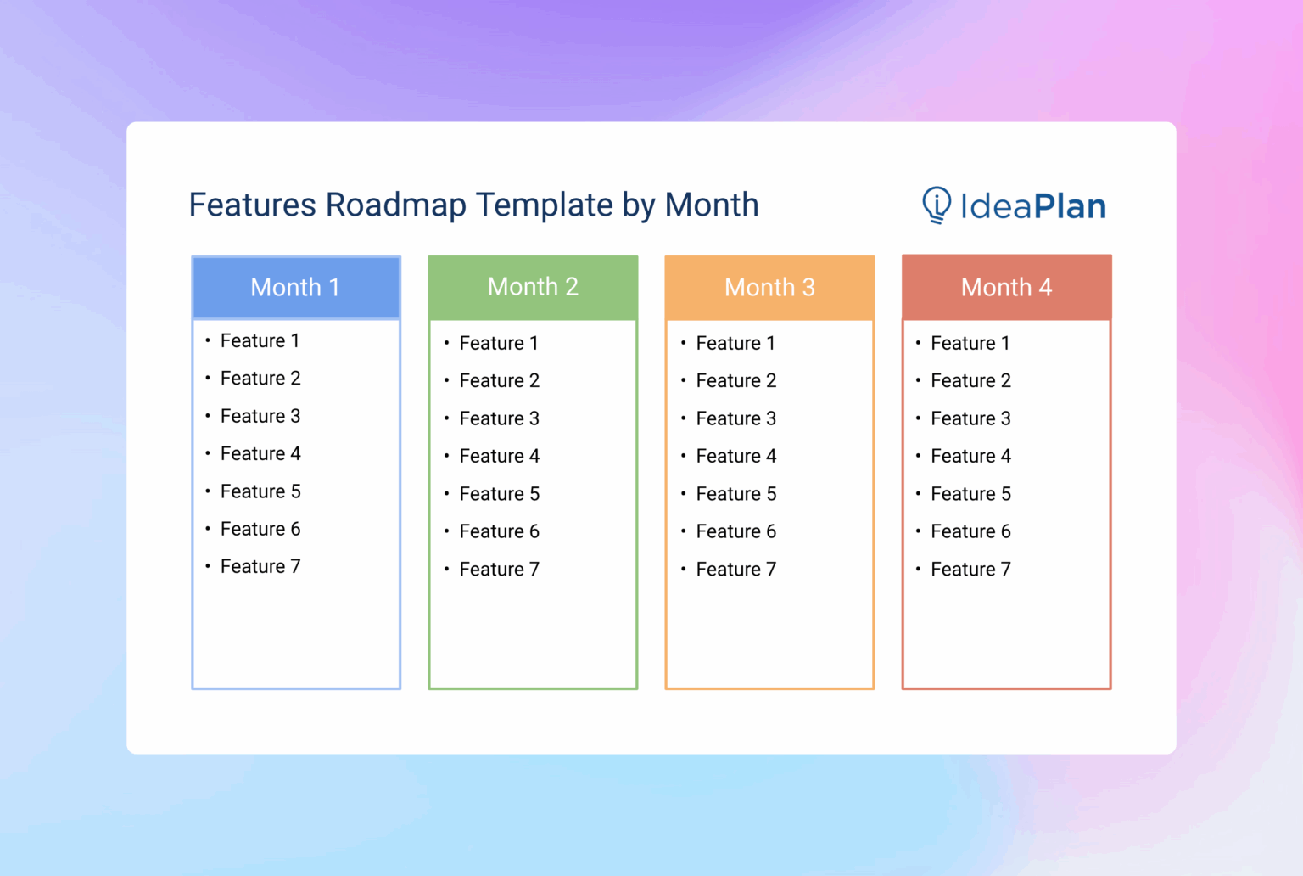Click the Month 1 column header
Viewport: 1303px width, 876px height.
click(295, 288)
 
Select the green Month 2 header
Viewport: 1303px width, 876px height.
click(533, 287)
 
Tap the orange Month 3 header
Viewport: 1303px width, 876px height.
click(769, 288)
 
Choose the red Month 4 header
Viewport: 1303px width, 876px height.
click(1006, 288)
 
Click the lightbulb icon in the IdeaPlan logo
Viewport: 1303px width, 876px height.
click(937, 205)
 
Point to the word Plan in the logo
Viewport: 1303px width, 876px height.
click(1070, 206)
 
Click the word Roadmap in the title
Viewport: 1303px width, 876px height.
click(395, 205)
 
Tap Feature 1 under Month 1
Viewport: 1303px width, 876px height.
click(260, 341)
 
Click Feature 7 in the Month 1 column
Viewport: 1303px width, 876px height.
click(260, 567)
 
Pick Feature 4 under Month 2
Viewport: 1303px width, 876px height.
click(499, 457)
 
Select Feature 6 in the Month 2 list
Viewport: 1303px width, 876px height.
click(499, 532)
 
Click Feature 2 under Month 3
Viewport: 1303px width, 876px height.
click(735, 381)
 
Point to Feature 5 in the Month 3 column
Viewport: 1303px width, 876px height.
click(735, 494)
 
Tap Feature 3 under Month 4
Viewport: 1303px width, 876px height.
click(970, 419)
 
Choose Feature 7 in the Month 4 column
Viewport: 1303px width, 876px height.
click(970, 570)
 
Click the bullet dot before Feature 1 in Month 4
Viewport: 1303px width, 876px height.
click(918, 343)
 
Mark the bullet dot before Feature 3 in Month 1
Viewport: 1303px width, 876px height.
click(208, 416)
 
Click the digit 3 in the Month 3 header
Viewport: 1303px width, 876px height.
click(808, 288)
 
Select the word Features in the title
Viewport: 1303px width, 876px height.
click(252, 205)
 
